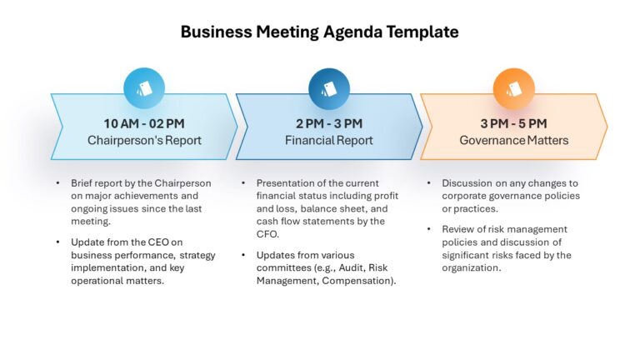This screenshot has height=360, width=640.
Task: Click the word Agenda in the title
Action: click(352, 32)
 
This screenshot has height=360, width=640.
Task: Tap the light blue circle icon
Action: click(144, 88)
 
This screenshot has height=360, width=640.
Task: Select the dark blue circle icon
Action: click(329, 88)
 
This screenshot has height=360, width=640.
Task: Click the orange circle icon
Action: click(514, 88)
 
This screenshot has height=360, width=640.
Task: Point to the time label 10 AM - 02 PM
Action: click(144, 123)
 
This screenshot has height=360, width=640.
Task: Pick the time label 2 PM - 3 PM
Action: click(329, 123)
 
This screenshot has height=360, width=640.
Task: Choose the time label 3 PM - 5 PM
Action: click(514, 123)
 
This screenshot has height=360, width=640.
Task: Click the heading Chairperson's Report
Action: click(144, 140)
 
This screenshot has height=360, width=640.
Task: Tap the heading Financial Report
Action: click(329, 140)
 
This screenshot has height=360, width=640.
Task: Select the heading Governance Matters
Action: click(514, 140)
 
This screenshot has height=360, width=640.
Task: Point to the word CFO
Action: click(267, 234)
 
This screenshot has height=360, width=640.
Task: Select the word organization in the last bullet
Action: click(470, 268)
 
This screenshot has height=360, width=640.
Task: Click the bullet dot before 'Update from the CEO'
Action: click(58, 242)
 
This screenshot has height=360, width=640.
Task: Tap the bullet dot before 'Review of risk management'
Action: click(429, 229)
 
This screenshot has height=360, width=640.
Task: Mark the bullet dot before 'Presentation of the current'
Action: click(243, 182)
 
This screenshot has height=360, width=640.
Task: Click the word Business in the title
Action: click(217, 32)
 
